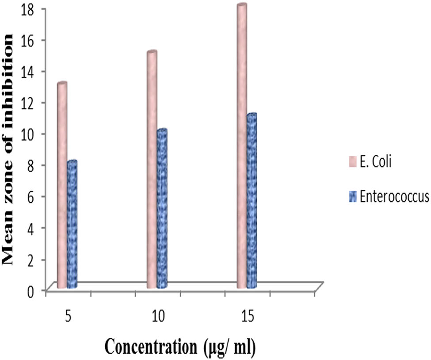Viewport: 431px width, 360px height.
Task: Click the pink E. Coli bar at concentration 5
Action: click(62, 186)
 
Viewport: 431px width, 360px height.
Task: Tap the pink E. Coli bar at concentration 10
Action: click(152, 170)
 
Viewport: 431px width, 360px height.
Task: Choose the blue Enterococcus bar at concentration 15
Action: click(252, 201)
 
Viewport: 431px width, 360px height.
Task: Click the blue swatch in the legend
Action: click(352, 195)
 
